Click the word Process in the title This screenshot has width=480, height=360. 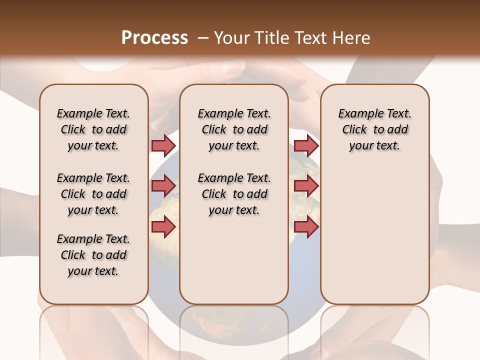click(x=154, y=38)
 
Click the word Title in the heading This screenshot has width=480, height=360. click(x=270, y=38)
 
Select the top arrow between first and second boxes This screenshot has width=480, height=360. click(x=163, y=145)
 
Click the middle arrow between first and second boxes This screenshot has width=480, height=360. click(x=163, y=186)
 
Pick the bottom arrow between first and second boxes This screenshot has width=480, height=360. click(x=163, y=227)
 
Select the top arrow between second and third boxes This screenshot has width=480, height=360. click(x=306, y=145)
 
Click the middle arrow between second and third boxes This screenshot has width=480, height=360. click(x=306, y=186)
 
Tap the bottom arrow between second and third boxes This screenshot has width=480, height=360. click(x=306, y=227)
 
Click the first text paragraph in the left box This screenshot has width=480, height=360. click(x=93, y=129)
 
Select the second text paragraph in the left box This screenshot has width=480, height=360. click(x=93, y=194)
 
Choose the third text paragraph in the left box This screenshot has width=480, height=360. click(x=93, y=255)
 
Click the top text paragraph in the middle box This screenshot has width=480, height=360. click(x=234, y=129)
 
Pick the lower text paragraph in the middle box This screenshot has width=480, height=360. click(x=234, y=194)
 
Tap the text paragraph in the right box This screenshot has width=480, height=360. click(x=374, y=129)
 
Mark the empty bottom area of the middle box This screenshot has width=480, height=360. click(x=234, y=265)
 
